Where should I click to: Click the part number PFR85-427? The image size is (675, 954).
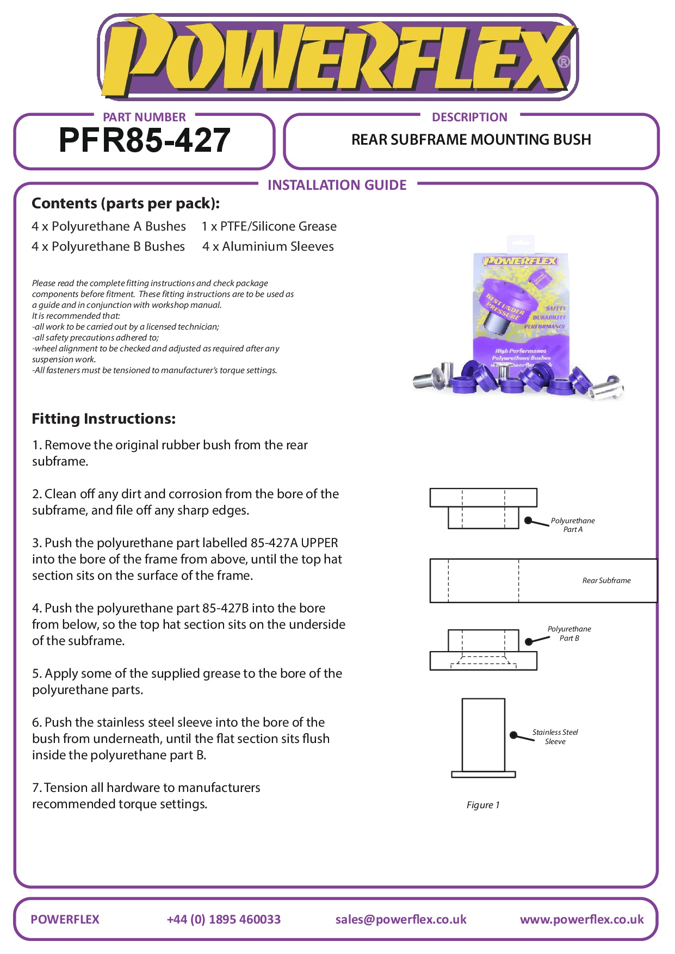(144, 140)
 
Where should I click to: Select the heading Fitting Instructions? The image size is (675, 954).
(104, 419)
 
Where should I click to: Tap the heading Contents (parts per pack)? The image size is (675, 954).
(126, 203)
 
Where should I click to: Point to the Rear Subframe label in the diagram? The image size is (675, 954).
(606, 580)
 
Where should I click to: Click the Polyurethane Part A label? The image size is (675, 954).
(572, 525)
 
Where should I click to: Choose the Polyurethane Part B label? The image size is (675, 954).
(569, 634)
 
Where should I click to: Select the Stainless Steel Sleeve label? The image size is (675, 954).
(555, 737)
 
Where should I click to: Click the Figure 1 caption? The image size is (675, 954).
(482, 805)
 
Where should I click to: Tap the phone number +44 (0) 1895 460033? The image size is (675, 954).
(224, 919)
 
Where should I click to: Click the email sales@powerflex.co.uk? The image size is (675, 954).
(401, 919)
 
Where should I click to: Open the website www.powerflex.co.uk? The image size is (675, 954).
(581, 919)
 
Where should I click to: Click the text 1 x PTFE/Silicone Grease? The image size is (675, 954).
(269, 226)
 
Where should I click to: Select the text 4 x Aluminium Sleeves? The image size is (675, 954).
(268, 246)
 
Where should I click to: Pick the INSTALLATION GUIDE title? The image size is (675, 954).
(337, 185)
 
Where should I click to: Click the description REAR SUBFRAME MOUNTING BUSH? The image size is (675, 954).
(471, 140)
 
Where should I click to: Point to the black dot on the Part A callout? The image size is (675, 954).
(528, 521)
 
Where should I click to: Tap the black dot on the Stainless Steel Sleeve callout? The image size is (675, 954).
(513, 735)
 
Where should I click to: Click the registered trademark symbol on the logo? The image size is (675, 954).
(564, 61)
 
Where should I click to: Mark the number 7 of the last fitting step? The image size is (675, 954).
(35, 788)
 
